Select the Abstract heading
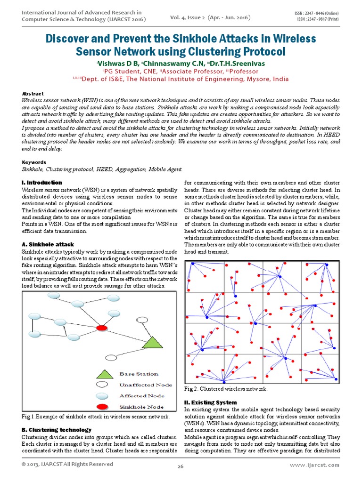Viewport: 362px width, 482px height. pyautogui.click(x=33, y=94)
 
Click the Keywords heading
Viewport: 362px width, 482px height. pyautogui.click(x=34, y=162)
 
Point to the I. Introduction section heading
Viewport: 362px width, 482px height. pyautogui.click(x=42, y=182)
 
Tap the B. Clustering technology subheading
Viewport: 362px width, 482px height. pyautogui.click(x=57, y=429)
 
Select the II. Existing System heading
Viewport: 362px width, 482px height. pyautogui.click(x=210, y=402)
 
